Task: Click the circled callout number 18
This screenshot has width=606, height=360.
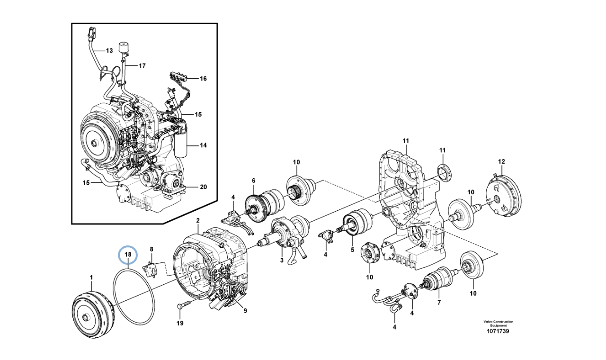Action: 127,255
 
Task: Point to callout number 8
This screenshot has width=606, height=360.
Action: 151,249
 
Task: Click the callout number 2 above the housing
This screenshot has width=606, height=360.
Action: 198,221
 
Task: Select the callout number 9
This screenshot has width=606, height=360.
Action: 245,311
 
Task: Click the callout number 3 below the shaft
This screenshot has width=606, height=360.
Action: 281,261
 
